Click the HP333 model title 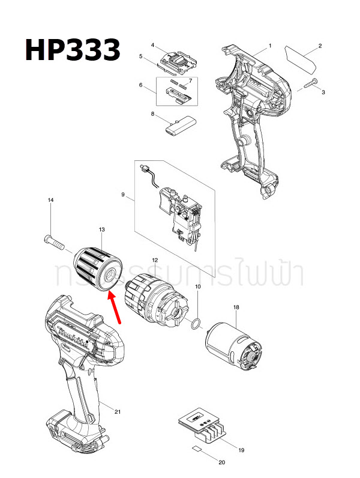(73, 49)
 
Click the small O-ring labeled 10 (194, 325)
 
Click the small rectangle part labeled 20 (196, 449)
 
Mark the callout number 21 (118, 411)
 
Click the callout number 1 (269, 46)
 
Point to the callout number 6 (141, 85)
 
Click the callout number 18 (236, 307)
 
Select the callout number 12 (155, 260)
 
